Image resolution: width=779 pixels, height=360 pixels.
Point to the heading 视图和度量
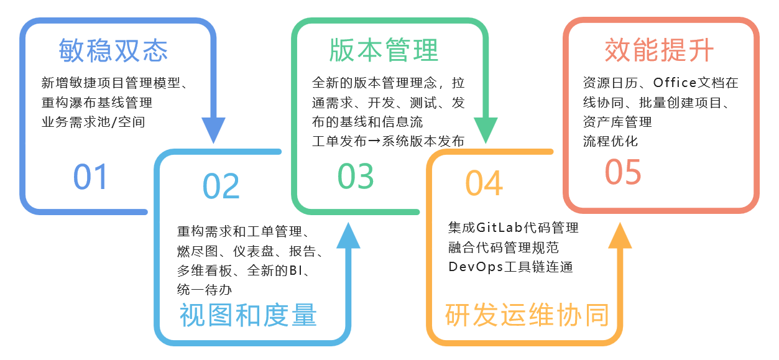(x=249, y=315)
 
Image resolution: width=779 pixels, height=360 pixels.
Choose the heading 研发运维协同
(x=527, y=315)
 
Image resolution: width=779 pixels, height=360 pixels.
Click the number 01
(x=91, y=177)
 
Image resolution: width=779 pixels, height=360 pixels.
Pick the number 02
(x=221, y=186)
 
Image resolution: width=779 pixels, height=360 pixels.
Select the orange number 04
(x=484, y=183)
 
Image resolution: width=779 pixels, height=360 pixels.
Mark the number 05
(x=623, y=172)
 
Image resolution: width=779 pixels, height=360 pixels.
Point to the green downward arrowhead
(x=486, y=131)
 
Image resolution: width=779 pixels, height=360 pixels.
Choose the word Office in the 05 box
(x=675, y=83)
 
